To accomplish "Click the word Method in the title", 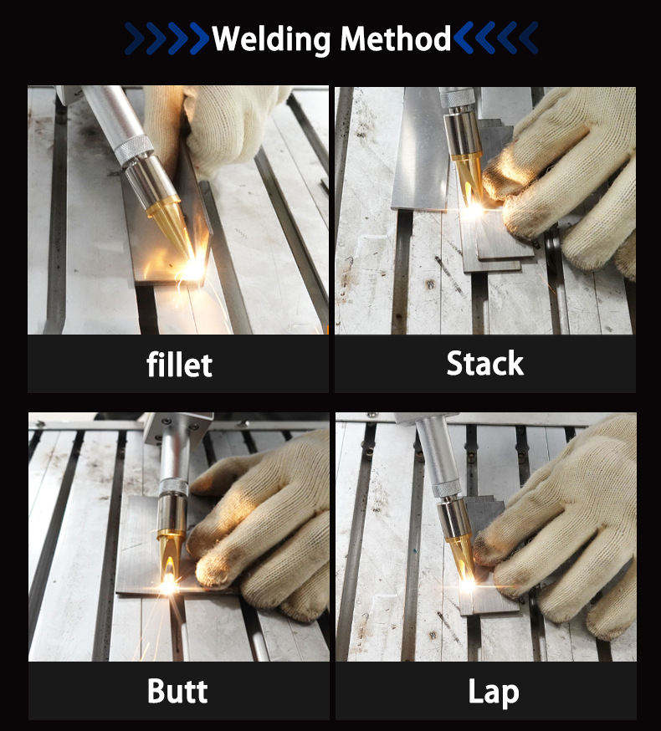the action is (x=396, y=38).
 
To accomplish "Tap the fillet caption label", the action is (x=180, y=365).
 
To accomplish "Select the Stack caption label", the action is (x=484, y=363).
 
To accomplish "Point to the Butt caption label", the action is (x=177, y=691).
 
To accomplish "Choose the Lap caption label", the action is (x=494, y=693).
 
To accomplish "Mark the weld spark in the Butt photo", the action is (x=168, y=583).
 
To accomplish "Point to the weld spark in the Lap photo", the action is (x=468, y=583).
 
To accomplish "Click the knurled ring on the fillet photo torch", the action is (x=134, y=150).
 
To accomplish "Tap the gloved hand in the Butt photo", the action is (x=262, y=527).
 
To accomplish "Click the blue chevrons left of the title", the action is (x=167, y=38).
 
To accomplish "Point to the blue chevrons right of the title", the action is (x=496, y=38).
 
